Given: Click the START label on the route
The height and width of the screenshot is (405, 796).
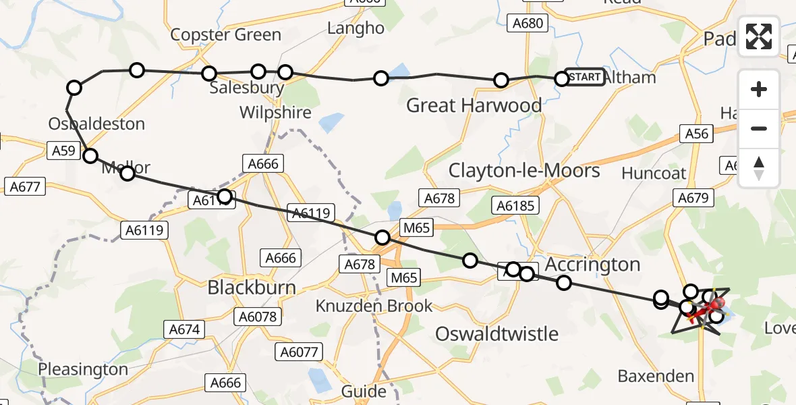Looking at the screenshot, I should tap(584, 78).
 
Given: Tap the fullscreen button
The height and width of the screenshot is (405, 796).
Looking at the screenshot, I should tap(759, 36).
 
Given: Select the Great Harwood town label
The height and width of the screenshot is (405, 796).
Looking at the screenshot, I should tap(474, 105).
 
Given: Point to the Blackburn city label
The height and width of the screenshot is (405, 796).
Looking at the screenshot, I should tap(251, 288).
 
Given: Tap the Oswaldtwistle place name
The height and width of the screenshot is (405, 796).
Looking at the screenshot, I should tap(496, 333).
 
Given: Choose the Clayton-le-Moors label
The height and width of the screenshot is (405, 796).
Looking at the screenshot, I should tap(524, 170).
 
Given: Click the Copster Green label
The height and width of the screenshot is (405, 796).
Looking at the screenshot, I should tap(225, 34).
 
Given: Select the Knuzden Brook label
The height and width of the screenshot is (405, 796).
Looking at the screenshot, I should tap(374, 306).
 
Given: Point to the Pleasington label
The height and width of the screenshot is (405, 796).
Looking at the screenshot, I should tap(83, 369).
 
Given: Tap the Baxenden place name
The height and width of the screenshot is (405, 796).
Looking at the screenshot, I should tap(656, 376).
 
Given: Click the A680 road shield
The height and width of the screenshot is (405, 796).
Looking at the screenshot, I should tap(527, 24).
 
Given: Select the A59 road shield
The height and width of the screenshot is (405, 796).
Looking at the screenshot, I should tap(64, 152).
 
